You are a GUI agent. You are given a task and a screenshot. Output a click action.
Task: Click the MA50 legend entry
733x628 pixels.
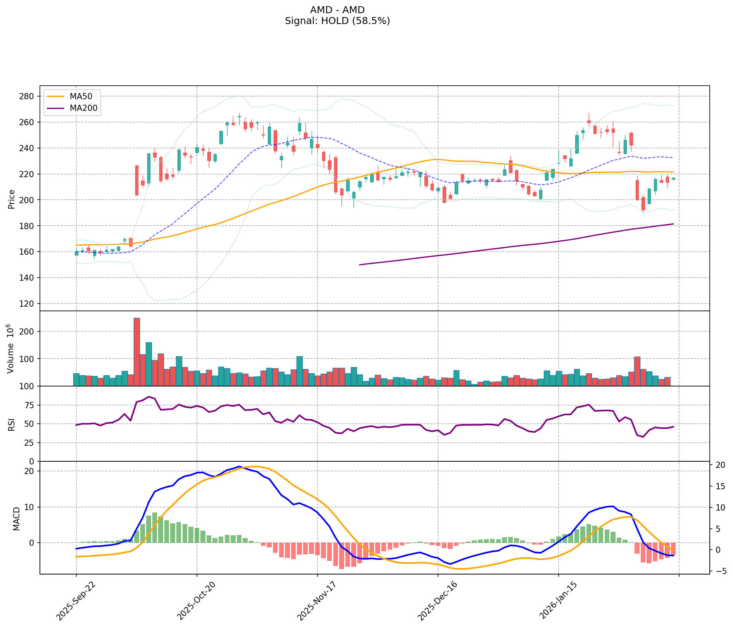80,97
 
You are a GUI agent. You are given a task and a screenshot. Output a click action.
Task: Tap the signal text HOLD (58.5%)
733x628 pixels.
337,21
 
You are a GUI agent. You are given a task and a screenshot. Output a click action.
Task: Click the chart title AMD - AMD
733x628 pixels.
337,10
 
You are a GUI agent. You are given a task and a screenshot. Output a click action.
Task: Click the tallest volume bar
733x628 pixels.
136,352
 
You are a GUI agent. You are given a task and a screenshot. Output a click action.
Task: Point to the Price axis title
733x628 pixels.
12,199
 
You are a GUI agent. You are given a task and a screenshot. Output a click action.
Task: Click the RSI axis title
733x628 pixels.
12,424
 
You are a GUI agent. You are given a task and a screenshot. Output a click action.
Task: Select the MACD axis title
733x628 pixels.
16,519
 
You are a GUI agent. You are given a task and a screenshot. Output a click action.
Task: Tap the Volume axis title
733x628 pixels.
11,349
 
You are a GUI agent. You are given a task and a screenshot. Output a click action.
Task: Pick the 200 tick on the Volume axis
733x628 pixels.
28,331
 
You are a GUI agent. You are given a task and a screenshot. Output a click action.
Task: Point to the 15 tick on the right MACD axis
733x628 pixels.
720,487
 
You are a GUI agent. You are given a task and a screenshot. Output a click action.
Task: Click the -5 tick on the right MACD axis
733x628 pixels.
719,571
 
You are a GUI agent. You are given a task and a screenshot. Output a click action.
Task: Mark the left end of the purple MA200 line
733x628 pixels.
360,265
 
